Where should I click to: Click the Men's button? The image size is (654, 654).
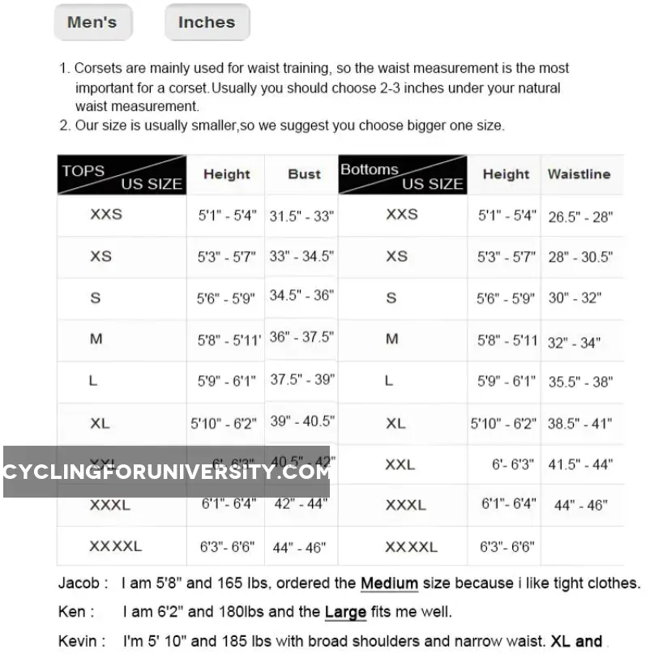(x=92, y=23)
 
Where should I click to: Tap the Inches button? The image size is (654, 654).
(x=206, y=23)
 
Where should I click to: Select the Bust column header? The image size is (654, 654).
(x=304, y=174)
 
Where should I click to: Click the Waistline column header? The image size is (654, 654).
(x=579, y=174)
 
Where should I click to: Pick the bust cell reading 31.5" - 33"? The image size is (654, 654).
(x=301, y=216)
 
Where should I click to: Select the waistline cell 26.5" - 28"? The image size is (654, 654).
(x=580, y=216)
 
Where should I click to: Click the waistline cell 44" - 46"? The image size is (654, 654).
(x=580, y=505)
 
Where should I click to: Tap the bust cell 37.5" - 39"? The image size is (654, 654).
(x=301, y=379)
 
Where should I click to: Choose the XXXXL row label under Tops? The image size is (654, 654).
(x=115, y=547)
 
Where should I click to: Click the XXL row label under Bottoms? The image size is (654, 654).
(x=400, y=465)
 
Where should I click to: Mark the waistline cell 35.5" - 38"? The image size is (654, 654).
(x=580, y=382)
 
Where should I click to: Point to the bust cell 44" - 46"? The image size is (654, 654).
(x=299, y=548)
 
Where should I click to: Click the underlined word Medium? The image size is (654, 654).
(x=389, y=583)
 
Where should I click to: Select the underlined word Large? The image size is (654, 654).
(x=345, y=613)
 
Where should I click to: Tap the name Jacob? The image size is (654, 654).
(x=79, y=583)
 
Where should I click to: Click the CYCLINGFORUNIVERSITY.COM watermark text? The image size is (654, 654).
(x=166, y=472)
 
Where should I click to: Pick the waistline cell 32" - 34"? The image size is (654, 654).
(x=574, y=342)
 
